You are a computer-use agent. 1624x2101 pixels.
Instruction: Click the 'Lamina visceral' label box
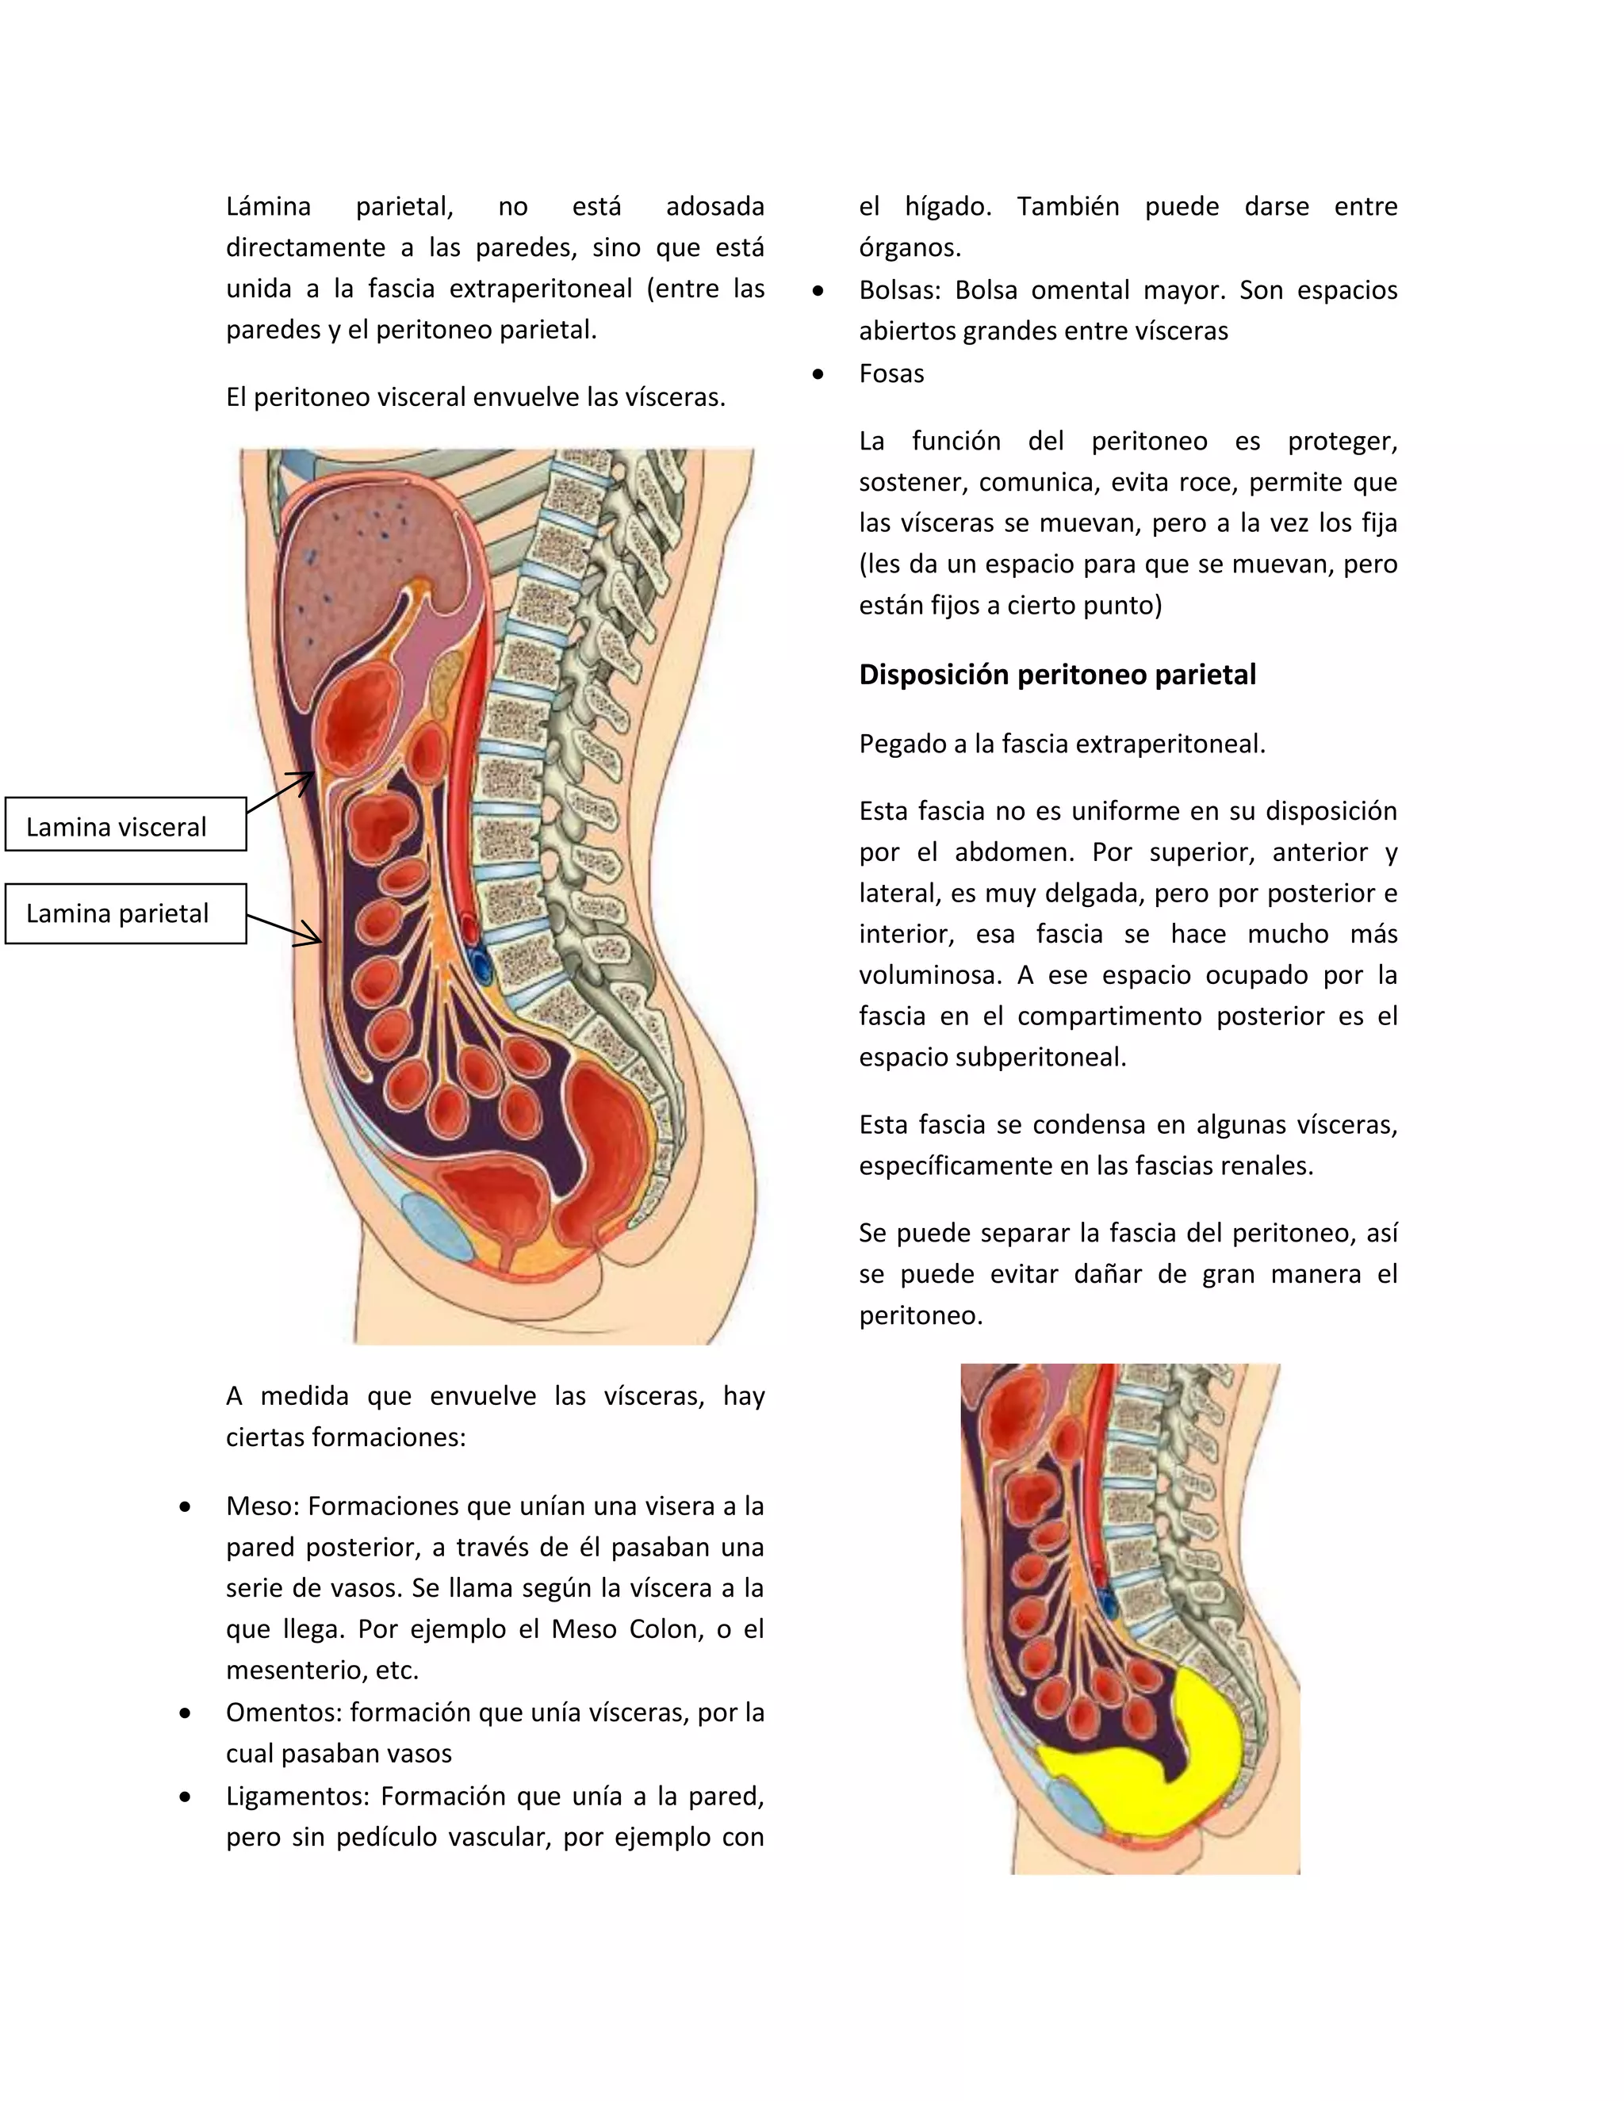tap(125, 825)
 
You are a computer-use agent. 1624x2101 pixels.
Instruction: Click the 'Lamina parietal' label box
tap(125, 913)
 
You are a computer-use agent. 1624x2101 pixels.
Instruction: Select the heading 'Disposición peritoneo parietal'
tap(1056, 675)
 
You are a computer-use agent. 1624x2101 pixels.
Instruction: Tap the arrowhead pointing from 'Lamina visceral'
tap(303, 779)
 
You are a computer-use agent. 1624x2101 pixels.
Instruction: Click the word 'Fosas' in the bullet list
tap(891, 373)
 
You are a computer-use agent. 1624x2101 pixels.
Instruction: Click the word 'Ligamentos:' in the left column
tap(297, 1796)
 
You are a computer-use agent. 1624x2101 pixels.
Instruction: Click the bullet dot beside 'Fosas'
tap(818, 374)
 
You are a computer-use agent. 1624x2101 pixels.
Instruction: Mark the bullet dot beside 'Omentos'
tap(185, 1713)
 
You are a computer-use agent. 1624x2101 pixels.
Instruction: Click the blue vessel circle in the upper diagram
tap(479, 965)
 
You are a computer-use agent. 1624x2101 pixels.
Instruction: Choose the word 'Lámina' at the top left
tap(269, 206)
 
